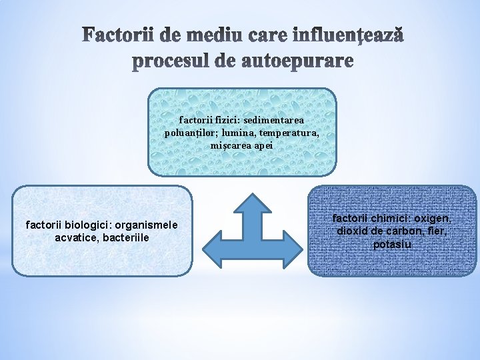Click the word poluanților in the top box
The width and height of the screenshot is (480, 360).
(x=191, y=133)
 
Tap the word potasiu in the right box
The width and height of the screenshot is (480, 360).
(x=392, y=244)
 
